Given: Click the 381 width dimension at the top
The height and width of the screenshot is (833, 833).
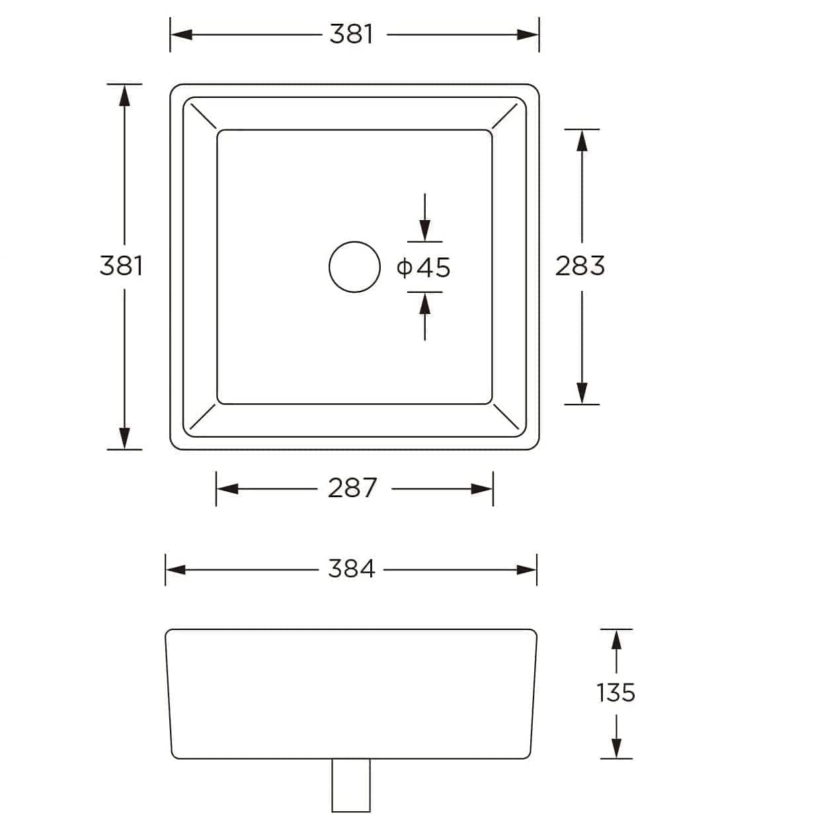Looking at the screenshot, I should click(352, 34).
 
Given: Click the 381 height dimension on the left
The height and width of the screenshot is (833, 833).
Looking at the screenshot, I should click(121, 265).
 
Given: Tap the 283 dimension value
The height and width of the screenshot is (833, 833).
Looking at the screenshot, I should click(580, 266).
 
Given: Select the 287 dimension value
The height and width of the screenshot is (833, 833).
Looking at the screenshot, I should click(352, 489).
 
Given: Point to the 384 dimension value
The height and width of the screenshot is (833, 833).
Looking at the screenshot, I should click(351, 569).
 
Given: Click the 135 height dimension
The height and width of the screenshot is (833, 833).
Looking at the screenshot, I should click(615, 693).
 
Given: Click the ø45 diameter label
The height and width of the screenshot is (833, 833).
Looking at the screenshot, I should click(424, 268).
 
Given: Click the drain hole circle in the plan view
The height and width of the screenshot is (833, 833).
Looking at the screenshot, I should click(354, 266).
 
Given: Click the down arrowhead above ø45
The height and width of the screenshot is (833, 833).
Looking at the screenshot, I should click(424, 233).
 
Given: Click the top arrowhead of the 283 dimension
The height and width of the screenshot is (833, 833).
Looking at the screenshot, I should click(582, 139).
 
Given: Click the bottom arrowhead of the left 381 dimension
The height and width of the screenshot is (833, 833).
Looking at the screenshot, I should click(124, 439).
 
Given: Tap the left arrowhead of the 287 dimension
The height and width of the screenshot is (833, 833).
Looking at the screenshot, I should click(227, 489).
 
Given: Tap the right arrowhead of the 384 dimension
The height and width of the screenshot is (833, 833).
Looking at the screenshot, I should click(527, 569).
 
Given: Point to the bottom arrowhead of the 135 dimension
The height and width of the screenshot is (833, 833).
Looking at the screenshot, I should click(616, 748).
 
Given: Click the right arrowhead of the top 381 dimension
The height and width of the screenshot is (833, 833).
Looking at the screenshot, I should click(528, 34).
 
